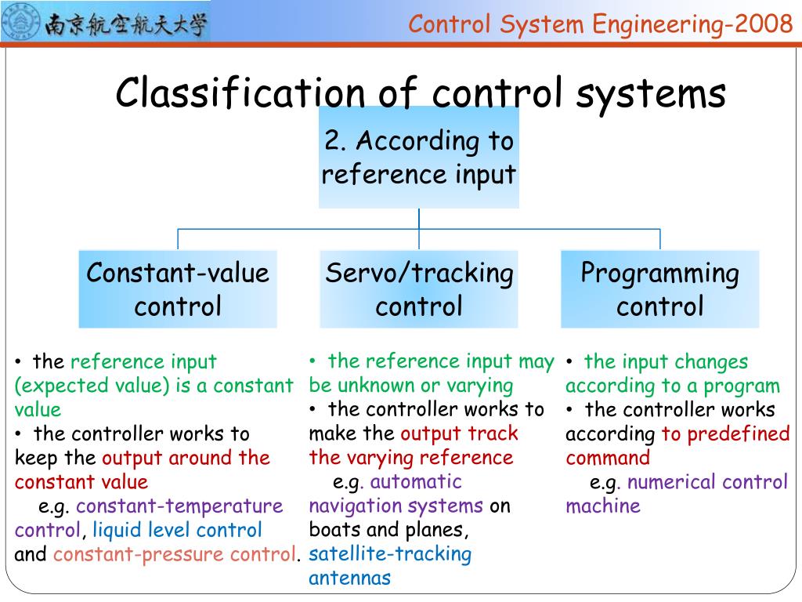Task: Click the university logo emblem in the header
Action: (21, 24)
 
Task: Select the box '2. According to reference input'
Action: (418, 158)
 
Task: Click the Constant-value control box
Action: (178, 289)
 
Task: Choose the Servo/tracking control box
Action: (419, 289)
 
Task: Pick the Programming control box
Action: (659, 289)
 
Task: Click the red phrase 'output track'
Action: (459, 433)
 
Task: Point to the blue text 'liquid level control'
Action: (177, 531)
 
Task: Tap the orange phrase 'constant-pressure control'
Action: (175, 555)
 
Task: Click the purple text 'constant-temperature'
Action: (179, 506)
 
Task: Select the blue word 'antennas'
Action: (349, 578)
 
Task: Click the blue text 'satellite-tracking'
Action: (390, 554)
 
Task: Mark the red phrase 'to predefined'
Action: (725, 433)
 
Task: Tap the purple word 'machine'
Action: (602, 506)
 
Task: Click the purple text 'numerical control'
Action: (707, 482)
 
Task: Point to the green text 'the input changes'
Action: (666, 361)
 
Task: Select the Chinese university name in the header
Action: (126, 24)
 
